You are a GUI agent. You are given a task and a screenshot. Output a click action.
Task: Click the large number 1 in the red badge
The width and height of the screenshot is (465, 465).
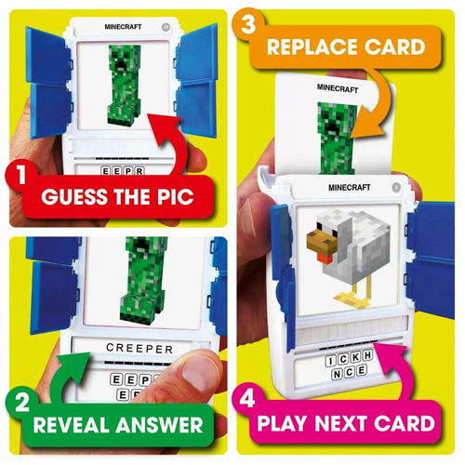tap(21, 174)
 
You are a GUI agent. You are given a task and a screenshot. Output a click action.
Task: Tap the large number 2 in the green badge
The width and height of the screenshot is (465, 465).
tap(22, 402)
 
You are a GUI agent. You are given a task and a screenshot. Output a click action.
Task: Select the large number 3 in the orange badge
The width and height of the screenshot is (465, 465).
tap(248, 24)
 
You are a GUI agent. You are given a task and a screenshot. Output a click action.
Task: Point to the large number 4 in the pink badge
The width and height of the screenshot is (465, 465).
tap(247, 398)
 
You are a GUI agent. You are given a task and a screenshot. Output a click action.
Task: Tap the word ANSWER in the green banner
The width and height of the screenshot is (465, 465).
tap(160, 425)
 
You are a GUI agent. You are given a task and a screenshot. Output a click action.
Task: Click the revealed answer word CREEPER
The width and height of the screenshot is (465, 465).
tap(139, 349)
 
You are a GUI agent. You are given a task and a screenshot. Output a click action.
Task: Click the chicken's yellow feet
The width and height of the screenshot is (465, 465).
tap(352, 299)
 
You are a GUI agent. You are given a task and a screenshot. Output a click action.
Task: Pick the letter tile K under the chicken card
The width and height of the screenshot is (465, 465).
tap(355, 357)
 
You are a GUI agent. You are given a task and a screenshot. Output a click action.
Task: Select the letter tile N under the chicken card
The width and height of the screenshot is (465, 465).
tap(337, 374)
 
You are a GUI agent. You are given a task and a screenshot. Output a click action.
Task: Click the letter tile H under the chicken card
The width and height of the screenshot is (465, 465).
tap(367, 355)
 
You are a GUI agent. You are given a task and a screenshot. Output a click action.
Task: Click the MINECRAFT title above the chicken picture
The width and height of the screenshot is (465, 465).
tap(350, 188)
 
